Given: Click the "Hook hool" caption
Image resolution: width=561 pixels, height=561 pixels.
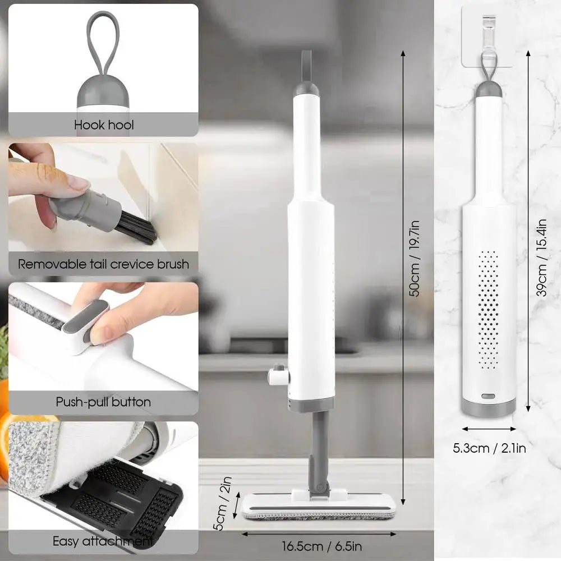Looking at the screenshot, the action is [104, 125].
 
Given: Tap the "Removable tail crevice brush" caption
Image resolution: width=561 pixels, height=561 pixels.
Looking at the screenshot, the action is [103, 264].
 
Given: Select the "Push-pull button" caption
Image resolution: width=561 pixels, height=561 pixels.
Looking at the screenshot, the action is [103, 402].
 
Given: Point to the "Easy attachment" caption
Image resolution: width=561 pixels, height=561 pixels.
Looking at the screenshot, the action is [103, 541].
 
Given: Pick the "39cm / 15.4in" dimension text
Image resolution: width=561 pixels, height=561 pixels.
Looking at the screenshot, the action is [541, 257].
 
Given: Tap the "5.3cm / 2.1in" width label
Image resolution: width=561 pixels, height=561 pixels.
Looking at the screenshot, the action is [489, 448].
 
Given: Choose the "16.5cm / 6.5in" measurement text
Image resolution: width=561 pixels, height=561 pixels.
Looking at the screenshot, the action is [321, 546].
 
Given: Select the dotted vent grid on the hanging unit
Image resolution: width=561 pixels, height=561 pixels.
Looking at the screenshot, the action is [489, 310].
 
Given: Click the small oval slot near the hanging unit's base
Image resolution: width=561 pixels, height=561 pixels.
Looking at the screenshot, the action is [488, 396].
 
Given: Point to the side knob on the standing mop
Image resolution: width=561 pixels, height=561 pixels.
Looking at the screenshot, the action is [278, 375].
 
